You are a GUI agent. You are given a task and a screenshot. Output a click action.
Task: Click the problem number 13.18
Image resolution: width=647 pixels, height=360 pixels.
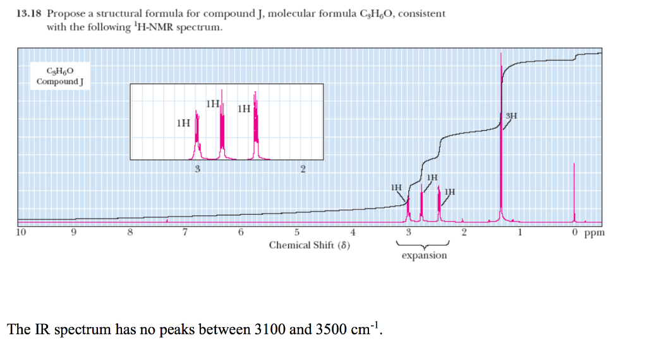[27, 13]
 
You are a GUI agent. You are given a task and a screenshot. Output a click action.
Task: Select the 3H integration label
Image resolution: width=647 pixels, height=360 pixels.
[512, 116]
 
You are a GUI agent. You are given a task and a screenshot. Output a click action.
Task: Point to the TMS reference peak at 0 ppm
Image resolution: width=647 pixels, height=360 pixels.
[574, 193]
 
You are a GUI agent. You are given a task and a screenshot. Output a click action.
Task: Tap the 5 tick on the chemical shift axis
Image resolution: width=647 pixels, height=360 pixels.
[297, 232]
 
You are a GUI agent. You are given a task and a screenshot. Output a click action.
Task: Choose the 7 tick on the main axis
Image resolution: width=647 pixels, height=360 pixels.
[185, 232]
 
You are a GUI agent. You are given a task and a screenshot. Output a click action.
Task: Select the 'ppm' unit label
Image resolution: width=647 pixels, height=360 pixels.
[595, 232]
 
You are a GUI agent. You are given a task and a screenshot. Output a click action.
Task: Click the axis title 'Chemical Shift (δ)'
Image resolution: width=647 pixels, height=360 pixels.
[310, 244]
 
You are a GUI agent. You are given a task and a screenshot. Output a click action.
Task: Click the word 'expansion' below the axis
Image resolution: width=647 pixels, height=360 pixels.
[424, 255]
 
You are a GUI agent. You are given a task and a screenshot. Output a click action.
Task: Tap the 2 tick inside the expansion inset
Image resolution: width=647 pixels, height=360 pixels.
[303, 169]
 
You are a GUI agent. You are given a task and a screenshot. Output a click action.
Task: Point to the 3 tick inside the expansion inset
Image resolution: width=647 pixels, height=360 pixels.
[198, 169]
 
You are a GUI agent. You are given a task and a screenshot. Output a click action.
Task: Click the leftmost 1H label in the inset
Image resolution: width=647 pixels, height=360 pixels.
[183, 123]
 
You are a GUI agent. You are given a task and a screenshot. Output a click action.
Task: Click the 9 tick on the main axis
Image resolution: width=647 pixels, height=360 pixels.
[75, 232]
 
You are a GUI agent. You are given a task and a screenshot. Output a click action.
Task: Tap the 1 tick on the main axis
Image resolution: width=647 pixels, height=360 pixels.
[519, 232]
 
